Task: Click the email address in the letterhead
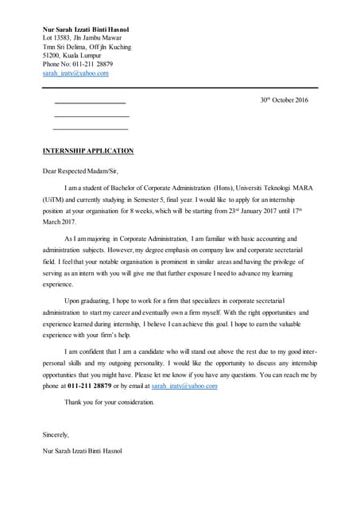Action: (x=75, y=72)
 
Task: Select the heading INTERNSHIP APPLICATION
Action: (x=87, y=150)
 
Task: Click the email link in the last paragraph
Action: (x=184, y=386)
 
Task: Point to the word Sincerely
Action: (x=56, y=435)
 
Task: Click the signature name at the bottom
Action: (x=83, y=452)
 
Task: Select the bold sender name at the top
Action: (x=86, y=29)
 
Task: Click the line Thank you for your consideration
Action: (x=109, y=402)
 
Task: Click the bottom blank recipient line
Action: (x=90, y=129)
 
